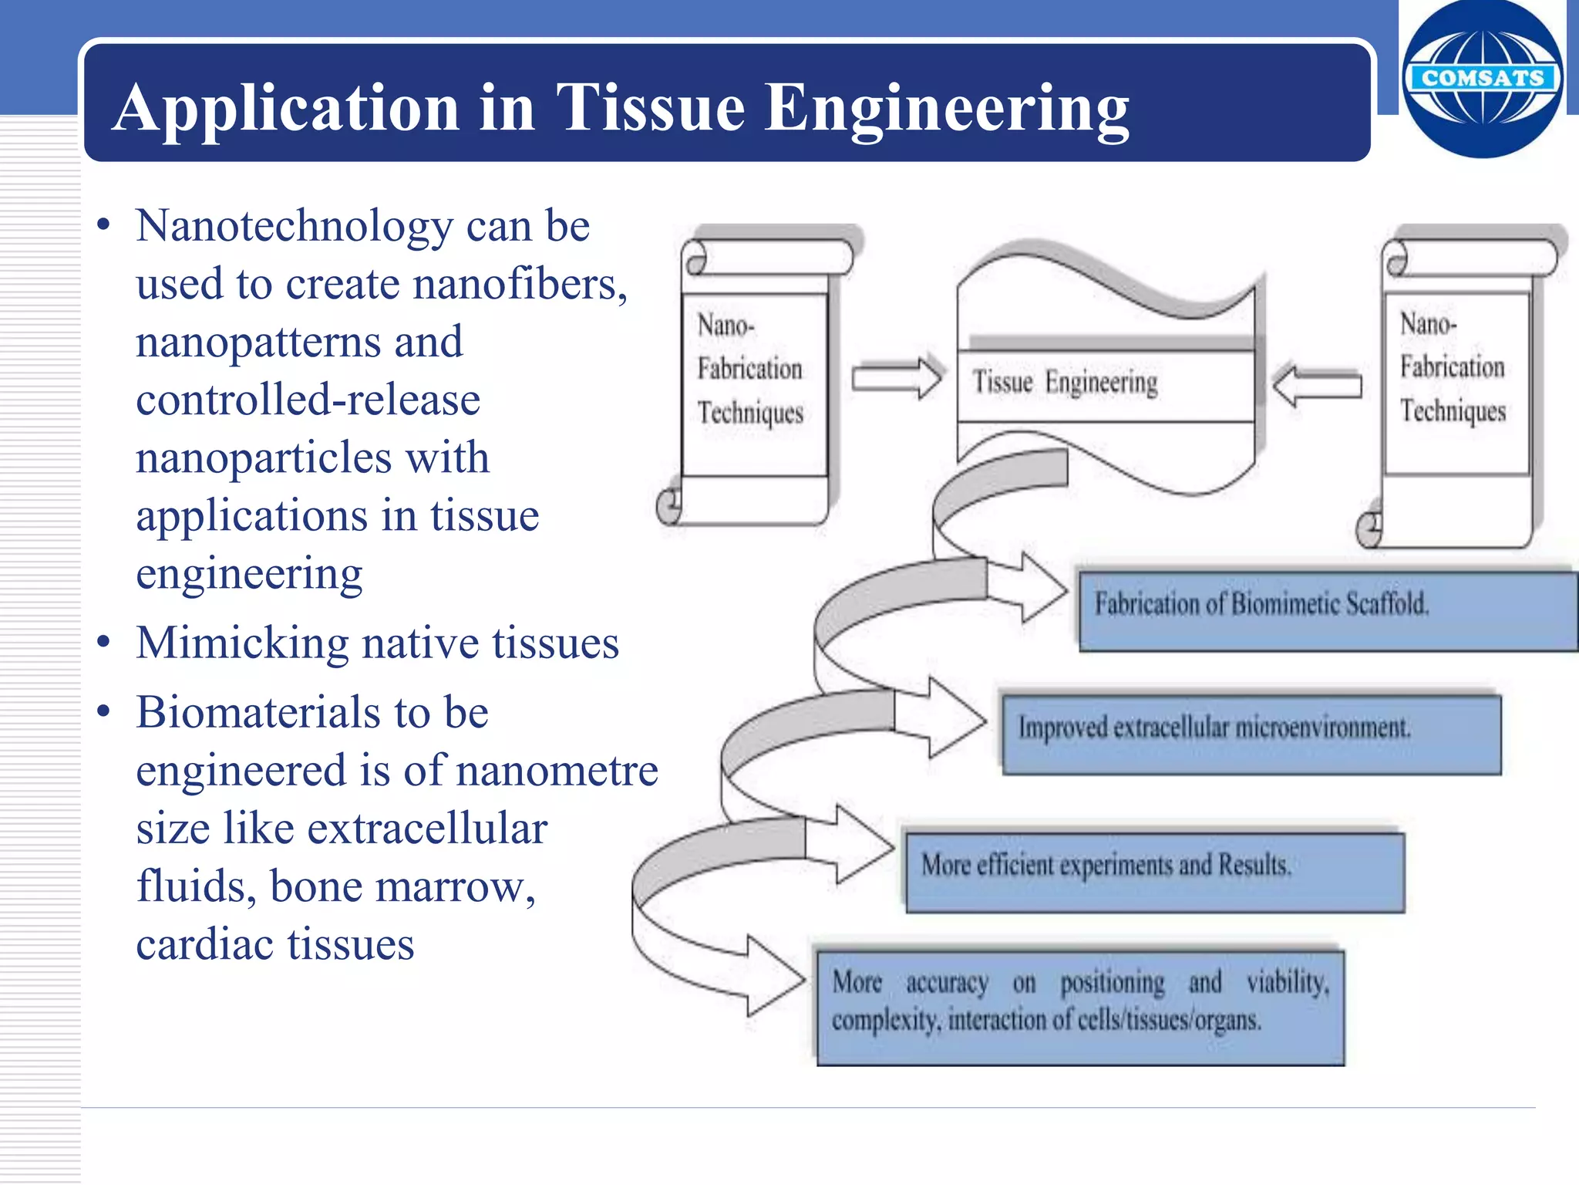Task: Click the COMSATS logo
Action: click(1482, 79)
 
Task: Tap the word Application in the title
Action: click(285, 108)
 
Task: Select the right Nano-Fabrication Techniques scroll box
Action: click(1456, 378)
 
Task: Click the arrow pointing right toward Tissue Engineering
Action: click(897, 377)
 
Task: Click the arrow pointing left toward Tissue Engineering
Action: click(1317, 383)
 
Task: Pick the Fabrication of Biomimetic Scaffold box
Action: click(1326, 609)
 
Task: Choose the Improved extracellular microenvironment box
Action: click(1251, 733)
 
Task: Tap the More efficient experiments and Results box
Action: click(1154, 870)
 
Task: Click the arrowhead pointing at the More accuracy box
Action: click(774, 977)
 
